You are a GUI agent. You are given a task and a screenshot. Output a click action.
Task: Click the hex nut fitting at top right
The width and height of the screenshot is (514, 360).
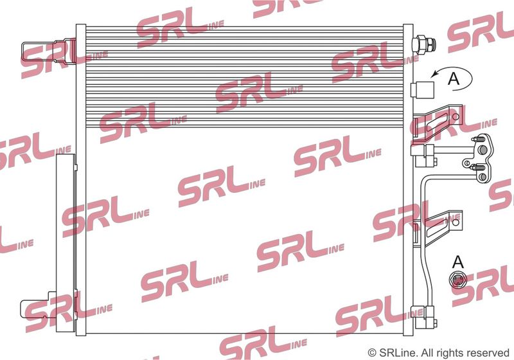click(424, 44)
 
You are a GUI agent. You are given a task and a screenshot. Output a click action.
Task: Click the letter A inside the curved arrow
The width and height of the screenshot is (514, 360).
click(454, 78)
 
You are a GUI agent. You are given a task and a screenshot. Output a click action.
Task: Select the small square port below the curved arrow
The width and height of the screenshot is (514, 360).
click(422, 89)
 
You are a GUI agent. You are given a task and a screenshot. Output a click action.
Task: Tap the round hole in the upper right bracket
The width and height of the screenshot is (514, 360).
click(456, 116)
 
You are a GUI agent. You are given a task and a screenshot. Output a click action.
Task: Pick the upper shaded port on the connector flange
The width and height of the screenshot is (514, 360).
click(483, 150)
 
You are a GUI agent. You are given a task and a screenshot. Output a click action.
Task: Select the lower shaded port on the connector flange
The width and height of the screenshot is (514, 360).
click(483, 177)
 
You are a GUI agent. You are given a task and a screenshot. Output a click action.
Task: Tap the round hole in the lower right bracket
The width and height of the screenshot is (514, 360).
click(456, 222)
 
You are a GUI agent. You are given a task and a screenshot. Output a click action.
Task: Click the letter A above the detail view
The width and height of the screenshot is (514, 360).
click(458, 262)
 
